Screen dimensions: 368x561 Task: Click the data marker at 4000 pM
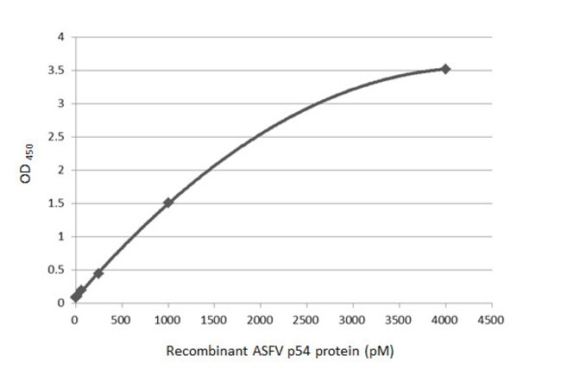point(445,69)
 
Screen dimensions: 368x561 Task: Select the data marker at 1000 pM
point(168,203)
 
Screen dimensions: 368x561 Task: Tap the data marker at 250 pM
point(98,273)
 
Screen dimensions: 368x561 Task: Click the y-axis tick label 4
point(60,37)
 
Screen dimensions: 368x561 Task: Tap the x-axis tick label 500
point(122,319)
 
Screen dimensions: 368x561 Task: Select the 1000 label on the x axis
point(168,319)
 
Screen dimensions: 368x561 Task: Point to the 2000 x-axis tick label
point(261,319)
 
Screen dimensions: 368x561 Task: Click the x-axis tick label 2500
point(306,319)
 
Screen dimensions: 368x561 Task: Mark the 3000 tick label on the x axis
point(353,319)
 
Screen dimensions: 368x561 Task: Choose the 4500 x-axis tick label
point(492,319)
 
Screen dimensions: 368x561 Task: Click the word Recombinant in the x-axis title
point(205,352)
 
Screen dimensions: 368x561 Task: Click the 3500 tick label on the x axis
point(400,319)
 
